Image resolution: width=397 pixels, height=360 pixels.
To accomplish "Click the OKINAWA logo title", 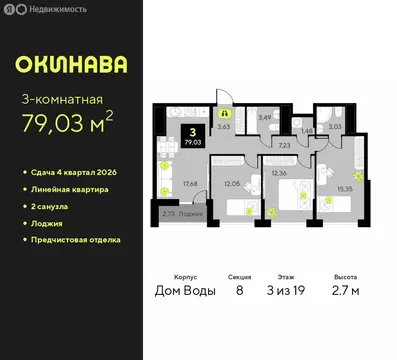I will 71,65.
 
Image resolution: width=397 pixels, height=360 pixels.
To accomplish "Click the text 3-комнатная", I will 61,99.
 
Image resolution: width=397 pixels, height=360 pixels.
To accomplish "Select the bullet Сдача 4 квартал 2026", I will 78,175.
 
